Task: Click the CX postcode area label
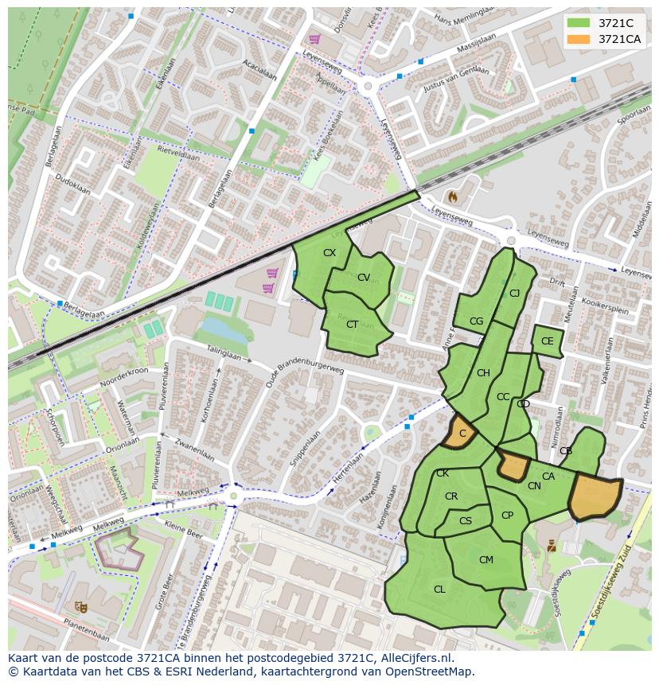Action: tap(329, 253)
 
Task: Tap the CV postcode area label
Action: tap(364, 278)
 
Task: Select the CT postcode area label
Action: tap(353, 325)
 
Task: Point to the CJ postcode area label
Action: tap(514, 294)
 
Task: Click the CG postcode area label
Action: tap(476, 321)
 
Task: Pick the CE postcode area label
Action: tap(547, 341)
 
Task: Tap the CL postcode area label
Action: tap(439, 590)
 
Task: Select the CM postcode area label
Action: tap(486, 560)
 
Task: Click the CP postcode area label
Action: tap(507, 516)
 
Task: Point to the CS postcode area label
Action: tap(466, 521)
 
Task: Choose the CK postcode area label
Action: tap(443, 473)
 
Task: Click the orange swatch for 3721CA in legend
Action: tap(579, 39)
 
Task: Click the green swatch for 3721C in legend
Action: tap(579, 23)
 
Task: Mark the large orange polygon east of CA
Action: tap(595, 496)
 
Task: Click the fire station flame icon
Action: tap(453, 196)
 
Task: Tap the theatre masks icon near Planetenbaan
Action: tap(80, 606)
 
